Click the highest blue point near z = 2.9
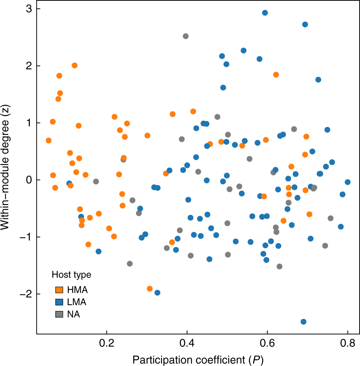tap(265, 12)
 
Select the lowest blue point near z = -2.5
tap(303, 322)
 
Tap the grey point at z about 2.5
tap(185, 36)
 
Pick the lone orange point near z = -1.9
tap(149, 289)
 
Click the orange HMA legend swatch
tap(59, 290)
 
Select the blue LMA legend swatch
tap(59, 302)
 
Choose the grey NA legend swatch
tap(59, 314)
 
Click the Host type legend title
tap(71, 275)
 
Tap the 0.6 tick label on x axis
tap(267, 343)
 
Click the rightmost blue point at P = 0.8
tap(348, 182)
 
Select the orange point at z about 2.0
tap(75, 65)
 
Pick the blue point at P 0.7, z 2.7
tap(305, 25)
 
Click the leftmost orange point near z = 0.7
tap(49, 140)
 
